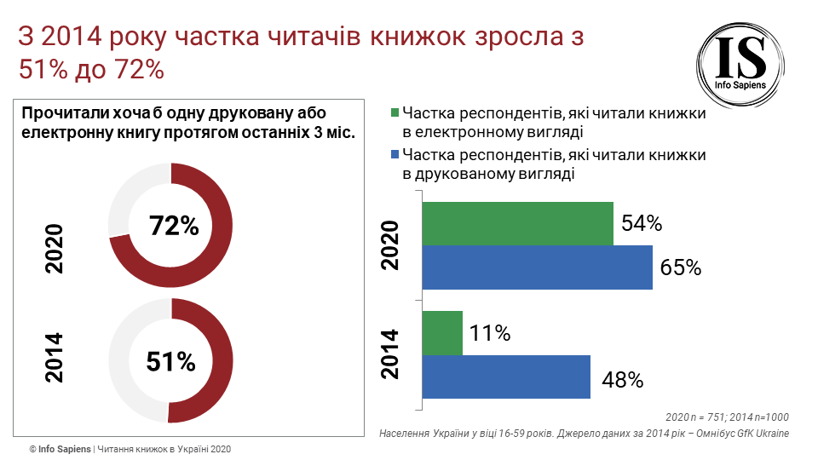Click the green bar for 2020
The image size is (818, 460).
(x=518, y=223)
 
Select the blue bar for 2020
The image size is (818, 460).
(x=538, y=267)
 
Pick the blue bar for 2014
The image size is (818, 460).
(x=507, y=377)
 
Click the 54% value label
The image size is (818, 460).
(x=642, y=224)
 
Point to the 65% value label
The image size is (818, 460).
(x=681, y=267)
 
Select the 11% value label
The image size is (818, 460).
(x=490, y=334)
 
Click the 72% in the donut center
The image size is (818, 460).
(x=173, y=226)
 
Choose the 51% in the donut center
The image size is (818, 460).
(x=170, y=361)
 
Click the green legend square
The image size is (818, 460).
(x=395, y=113)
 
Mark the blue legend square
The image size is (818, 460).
(x=395, y=155)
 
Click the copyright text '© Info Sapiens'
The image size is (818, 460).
(x=60, y=449)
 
